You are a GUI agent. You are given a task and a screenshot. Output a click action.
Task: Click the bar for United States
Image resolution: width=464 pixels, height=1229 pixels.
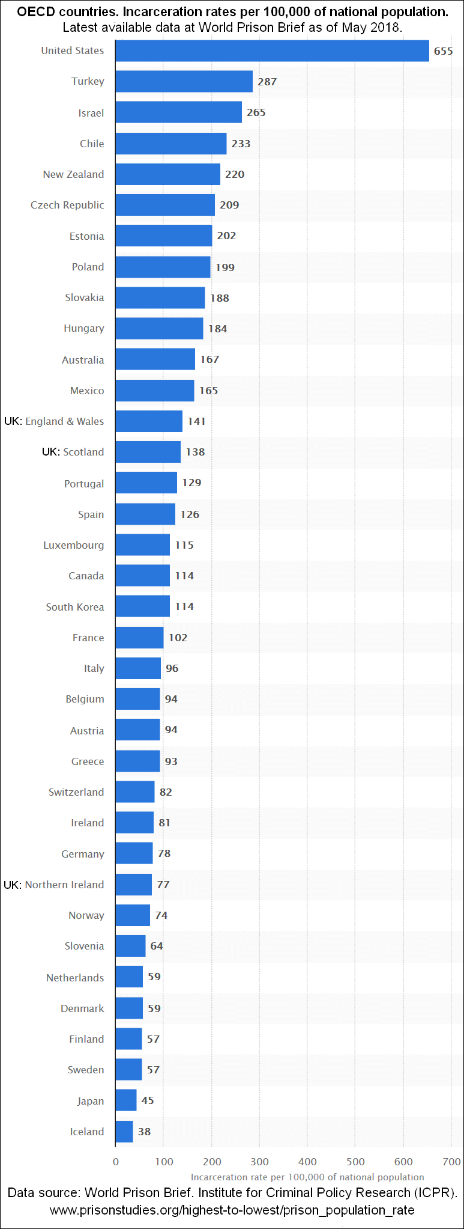click(x=272, y=51)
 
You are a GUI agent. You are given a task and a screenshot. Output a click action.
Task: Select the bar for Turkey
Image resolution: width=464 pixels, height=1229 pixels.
click(x=184, y=81)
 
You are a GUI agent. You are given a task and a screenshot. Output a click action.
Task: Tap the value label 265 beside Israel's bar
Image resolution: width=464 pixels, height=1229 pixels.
click(x=256, y=112)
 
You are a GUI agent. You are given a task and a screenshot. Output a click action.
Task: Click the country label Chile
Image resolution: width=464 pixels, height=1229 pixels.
click(x=92, y=144)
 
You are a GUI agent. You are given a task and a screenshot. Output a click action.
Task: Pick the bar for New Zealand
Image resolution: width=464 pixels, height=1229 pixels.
click(x=167, y=174)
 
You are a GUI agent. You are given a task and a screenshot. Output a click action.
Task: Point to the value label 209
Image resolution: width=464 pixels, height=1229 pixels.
click(x=229, y=205)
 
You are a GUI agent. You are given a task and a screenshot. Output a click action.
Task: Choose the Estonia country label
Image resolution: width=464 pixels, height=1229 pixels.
click(x=86, y=236)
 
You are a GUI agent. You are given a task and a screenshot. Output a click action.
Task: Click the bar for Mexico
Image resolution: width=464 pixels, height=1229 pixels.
click(x=154, y=391)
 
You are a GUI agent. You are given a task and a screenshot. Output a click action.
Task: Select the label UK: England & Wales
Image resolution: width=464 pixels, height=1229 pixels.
click(x=54, y=421)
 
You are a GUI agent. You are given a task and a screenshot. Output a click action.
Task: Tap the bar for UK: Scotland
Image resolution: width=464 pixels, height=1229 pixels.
click(x=148, y=452)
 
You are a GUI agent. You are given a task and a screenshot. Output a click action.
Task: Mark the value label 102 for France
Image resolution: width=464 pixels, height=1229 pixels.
click(x=178, y=638)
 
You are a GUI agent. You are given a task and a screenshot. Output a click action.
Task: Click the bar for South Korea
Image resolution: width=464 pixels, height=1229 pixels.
click(x=142, y=606)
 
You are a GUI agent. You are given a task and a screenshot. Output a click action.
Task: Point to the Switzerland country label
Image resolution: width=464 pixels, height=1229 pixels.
click(x=76, y=792)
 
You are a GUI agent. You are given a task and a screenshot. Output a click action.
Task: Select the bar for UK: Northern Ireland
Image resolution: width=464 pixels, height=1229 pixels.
click(x=133, y=885)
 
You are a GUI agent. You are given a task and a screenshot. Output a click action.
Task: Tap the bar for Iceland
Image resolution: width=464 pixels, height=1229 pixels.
click(x=124, y=1132)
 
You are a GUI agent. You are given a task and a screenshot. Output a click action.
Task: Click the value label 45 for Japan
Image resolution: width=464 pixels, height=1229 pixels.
click(x=148, y=1100)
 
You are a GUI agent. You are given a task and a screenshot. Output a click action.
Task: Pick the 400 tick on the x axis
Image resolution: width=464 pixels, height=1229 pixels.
click(x=307, y=1162)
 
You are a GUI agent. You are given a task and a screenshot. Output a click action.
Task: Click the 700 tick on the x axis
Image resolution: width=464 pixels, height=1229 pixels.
click(x=451, y=1162)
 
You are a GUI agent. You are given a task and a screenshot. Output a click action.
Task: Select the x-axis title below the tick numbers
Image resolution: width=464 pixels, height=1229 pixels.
click(x=307, y=1177)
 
